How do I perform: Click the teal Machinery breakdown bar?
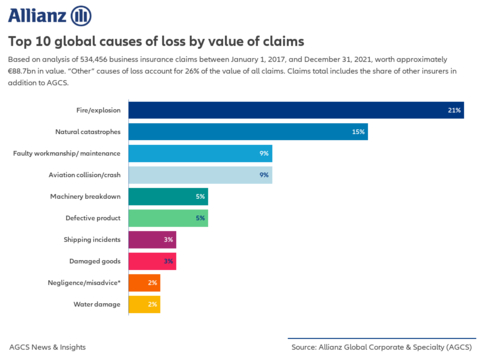tap(168, 197)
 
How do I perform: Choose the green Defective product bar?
tap(168, 218)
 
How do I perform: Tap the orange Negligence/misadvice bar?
tap(144, 283)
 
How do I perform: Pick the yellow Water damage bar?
tap(144, 305)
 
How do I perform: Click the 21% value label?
tap(455, 110)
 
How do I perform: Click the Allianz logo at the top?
tap(50, 15)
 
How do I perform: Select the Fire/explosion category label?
tap(98, 110)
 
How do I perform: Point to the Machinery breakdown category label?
tap(86, 197)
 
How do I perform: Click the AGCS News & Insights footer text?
tap(47, 347)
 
